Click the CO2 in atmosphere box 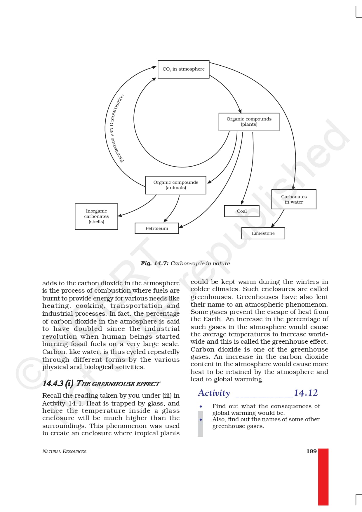[183, 69]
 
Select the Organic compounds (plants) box [249, 122]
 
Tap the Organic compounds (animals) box [176, 185]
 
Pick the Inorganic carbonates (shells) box [96, 216]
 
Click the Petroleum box [157, 228]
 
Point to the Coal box [242, 211]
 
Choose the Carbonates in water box [294, 199]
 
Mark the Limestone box [263, 233]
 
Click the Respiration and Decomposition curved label [117, 128]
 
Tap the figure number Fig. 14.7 [154, 263]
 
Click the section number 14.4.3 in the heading [53, 383]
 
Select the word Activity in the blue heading [214, 393]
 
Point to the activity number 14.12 [306, 393]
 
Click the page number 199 [311, 451]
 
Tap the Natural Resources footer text [64, 452]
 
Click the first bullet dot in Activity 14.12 [201, 406]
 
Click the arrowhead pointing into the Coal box [242, 203]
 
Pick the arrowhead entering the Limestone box [273, 226]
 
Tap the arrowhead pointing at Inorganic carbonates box [120, 216]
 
